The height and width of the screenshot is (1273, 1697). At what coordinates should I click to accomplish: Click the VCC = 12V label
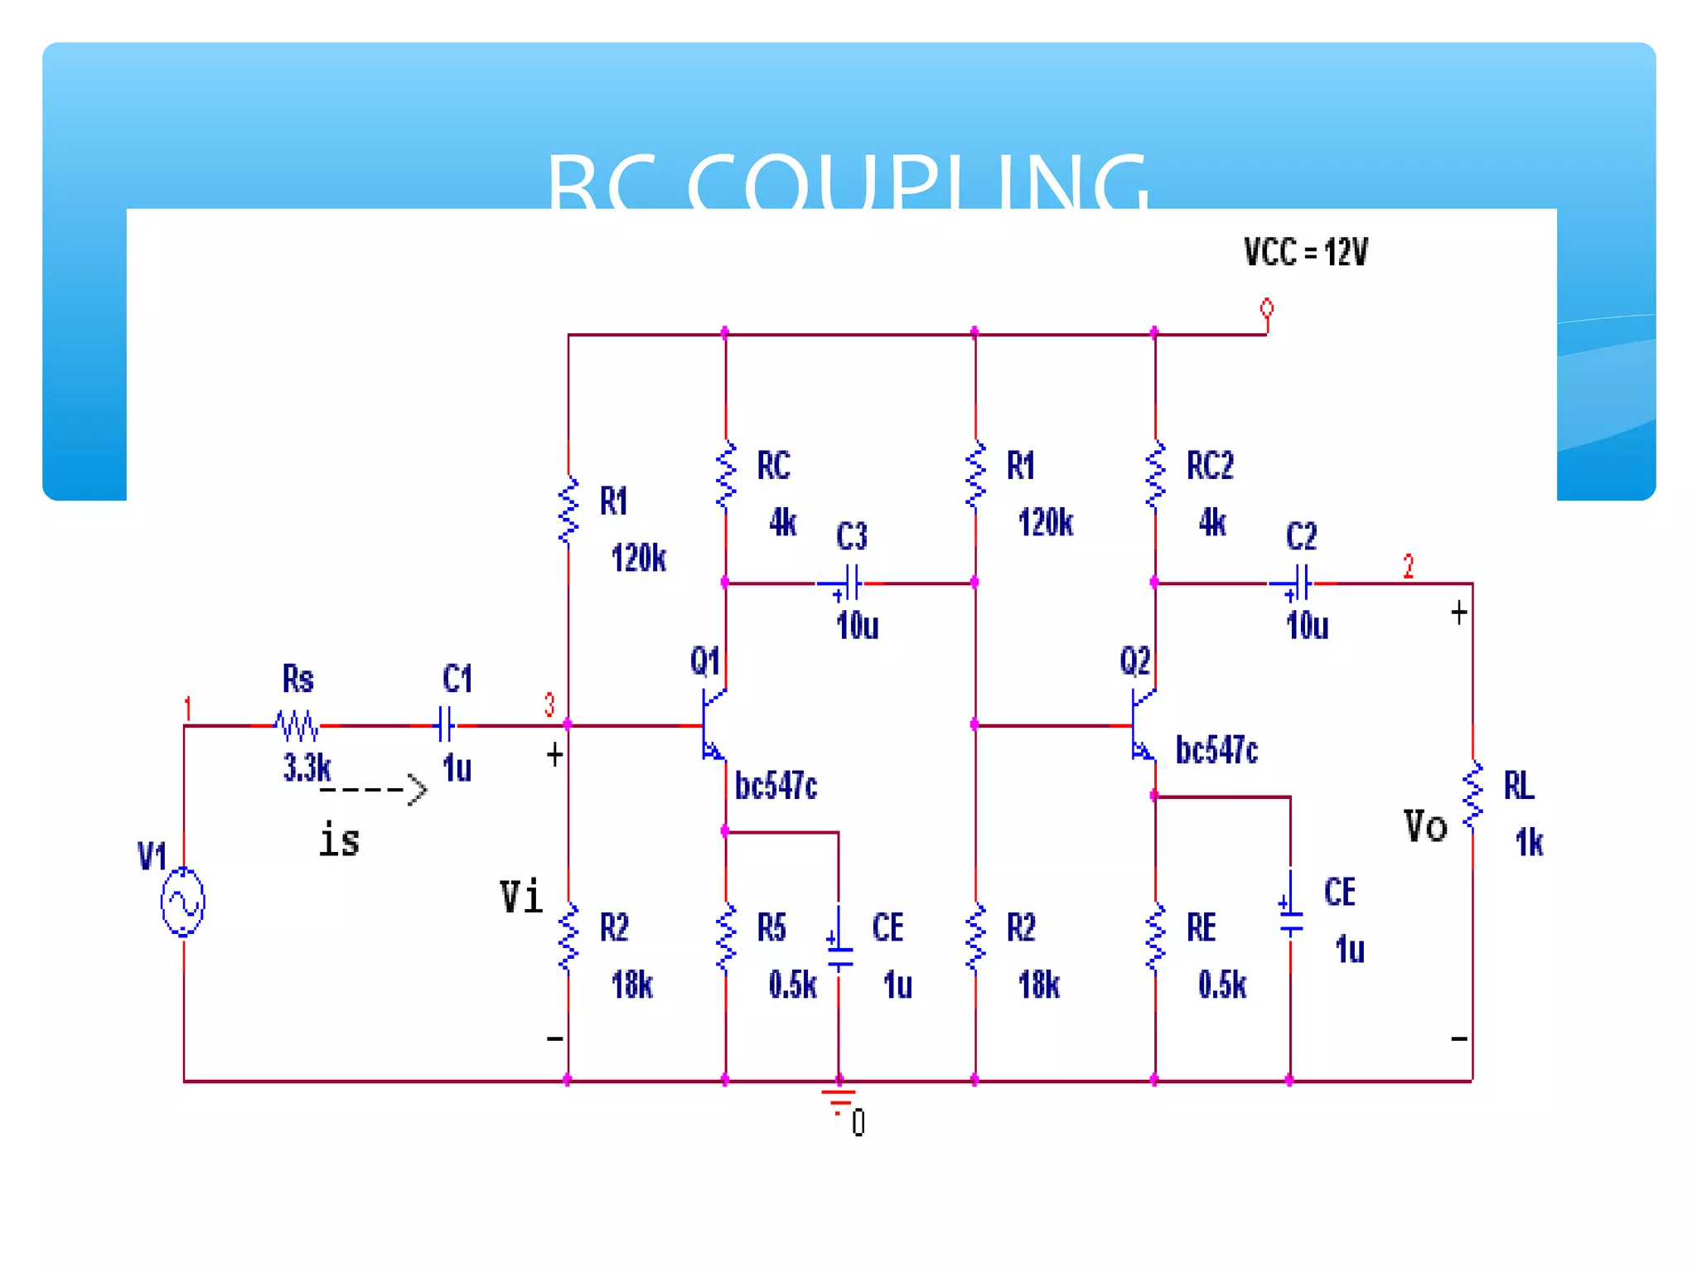pos(1306,252)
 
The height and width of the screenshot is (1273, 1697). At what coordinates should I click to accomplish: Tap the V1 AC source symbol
pos(182,902)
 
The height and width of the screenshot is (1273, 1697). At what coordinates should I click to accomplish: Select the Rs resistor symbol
pos(297,725)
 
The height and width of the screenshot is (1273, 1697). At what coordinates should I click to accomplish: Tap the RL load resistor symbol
pos(1472,796)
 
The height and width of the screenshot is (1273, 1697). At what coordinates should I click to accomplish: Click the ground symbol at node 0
pos(839,1099)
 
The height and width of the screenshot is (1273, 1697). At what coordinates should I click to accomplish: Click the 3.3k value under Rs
pos(307,767)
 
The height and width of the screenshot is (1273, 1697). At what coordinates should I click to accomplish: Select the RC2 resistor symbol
pos(1155,476)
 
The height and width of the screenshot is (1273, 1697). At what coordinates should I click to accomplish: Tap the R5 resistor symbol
pos(726,938)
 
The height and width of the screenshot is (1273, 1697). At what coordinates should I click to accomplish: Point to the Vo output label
pos(1425,826)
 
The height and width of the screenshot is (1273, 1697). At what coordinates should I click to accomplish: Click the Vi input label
pos(521,897)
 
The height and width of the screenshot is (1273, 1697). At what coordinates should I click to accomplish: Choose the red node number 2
pos(1408,566)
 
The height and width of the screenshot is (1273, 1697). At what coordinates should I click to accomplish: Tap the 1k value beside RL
pos(1529,843)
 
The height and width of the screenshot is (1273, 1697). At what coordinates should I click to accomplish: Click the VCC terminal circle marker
pos(1266,309)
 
